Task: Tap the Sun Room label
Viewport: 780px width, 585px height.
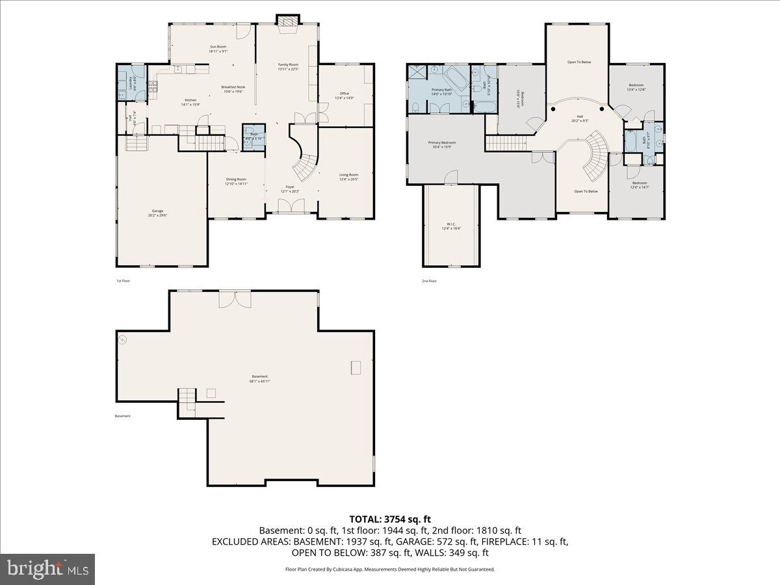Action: click(218, 49)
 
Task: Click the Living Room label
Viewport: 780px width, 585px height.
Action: click(348, 176)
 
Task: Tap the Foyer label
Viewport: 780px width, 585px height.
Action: click(290, 188)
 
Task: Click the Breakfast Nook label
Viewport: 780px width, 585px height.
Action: click(233, 89)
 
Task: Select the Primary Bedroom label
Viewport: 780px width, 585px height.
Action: click(441, 144)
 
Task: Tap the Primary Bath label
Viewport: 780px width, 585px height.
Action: click(441, 92)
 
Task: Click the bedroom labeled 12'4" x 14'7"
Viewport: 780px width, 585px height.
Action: click(638, 185)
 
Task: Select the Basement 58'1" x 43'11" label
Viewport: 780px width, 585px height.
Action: click(260, 378)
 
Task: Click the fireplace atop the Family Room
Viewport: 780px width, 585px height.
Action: click(286, 21)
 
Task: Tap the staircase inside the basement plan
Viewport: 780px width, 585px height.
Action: click(187, 398)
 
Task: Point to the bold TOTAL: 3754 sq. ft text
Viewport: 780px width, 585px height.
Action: click(390, 519)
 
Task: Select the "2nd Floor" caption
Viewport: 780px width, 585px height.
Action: click(429, 281)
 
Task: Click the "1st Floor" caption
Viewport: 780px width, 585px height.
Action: click(123, 281)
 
